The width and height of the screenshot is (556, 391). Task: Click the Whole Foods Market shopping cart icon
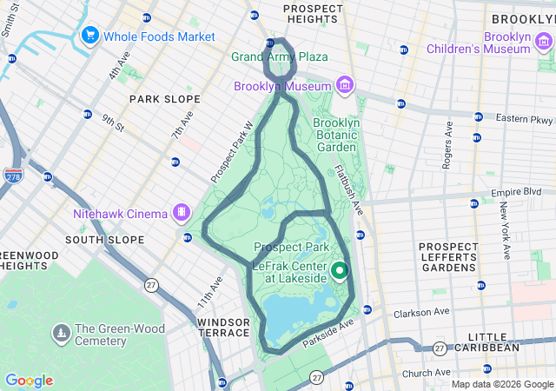(x=89, y=36)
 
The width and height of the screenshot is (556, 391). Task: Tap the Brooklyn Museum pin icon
(x=345, y=85)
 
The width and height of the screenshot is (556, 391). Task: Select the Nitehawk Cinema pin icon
(x=182, y=212)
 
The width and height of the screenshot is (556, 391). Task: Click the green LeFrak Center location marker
(x=340, y=270)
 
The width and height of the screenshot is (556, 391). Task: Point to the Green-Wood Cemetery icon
(x=62, y=332)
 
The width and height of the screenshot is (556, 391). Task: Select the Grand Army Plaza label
(x=279, y=56)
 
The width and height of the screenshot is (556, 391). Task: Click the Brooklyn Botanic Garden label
(x=338, y=136)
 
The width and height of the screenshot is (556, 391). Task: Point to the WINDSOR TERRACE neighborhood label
(x=223, y=327)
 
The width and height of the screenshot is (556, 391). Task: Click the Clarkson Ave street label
(x=421, y=313)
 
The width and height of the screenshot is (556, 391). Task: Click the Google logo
(x=29, y=381)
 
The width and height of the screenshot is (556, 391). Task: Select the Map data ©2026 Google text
(x=502, y=384)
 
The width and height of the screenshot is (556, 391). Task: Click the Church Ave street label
(x=426, y=374)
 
